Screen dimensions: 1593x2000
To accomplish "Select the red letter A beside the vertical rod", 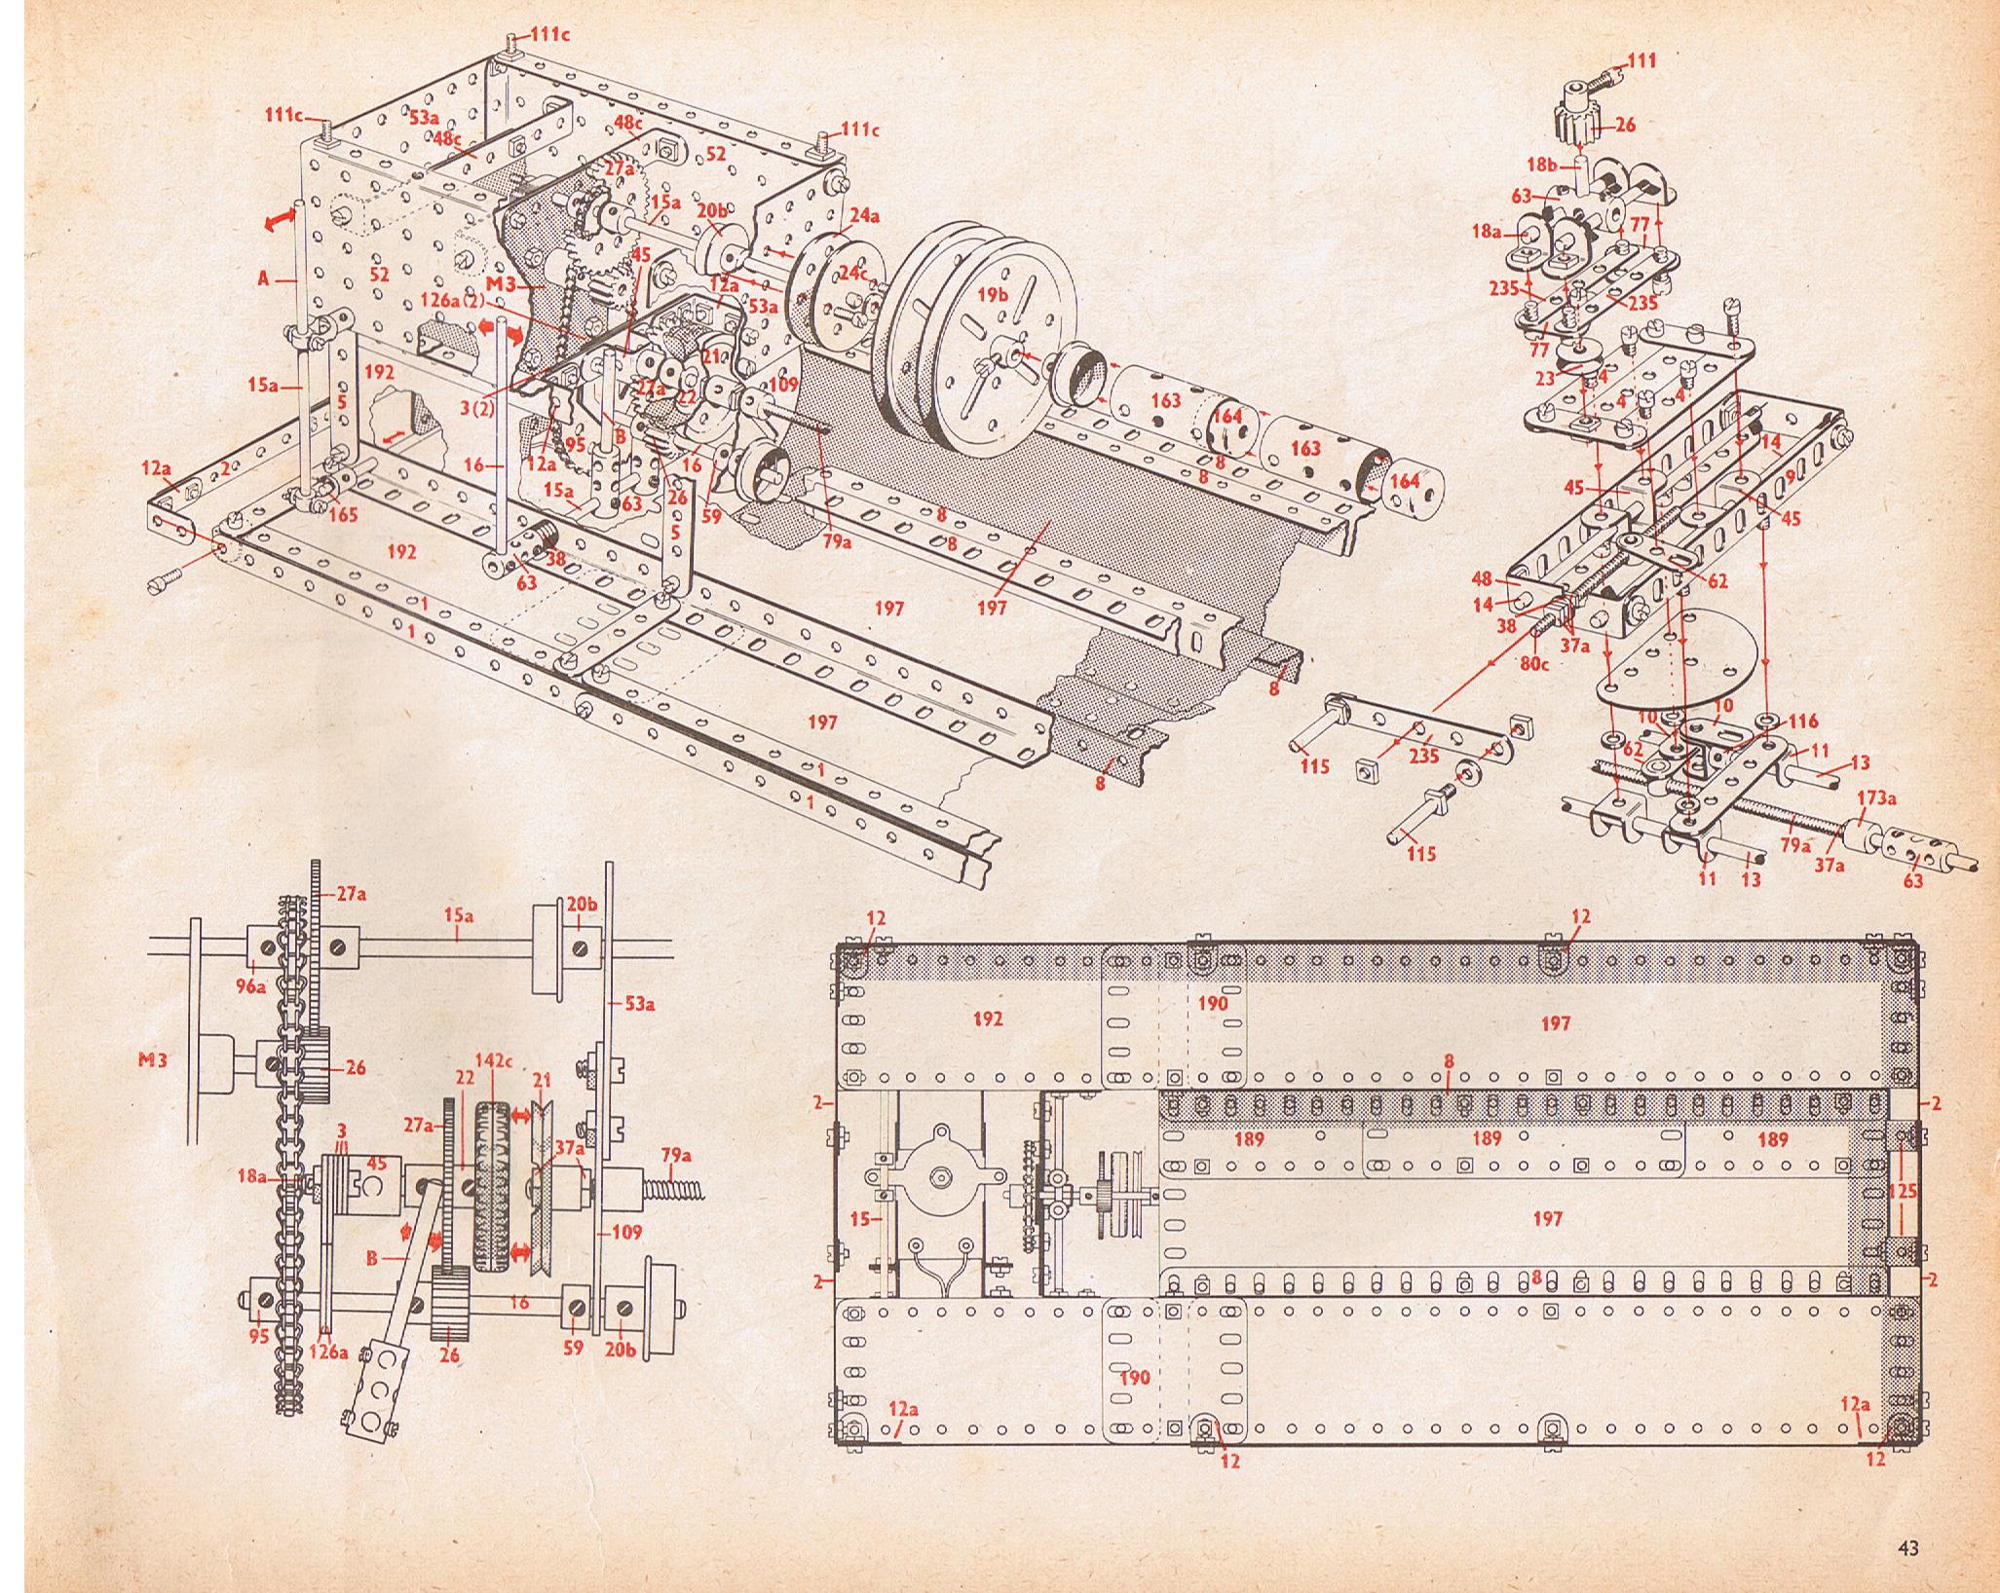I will point(263,278).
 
